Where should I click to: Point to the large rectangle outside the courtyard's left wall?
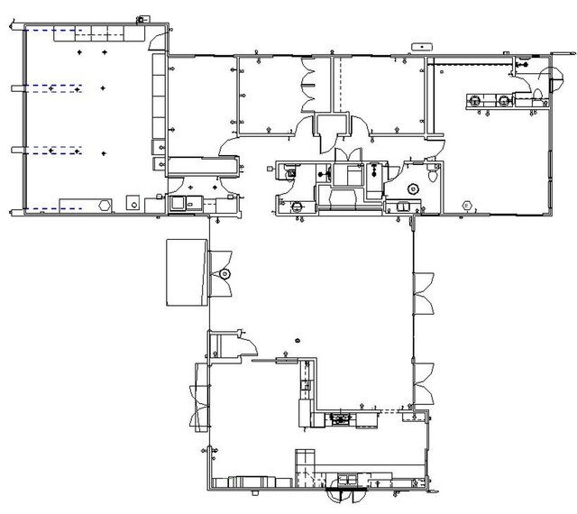[x=187, y=272]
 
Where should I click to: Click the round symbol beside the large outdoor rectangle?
[x=224, y=272]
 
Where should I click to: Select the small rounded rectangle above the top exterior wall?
[x=420, y=44]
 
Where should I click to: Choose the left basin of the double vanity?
[x=473, y=100]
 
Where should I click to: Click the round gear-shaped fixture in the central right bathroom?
[x=414, y=188]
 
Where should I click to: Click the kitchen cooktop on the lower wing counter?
[x=341, y=418]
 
